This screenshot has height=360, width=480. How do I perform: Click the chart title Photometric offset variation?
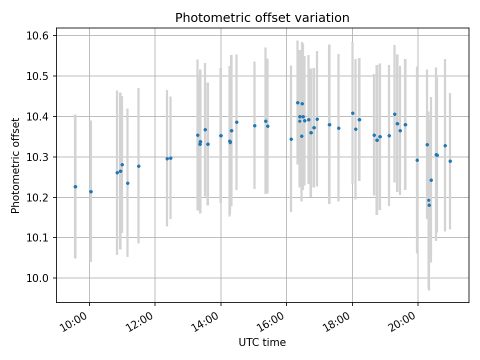click(x=262, y=18)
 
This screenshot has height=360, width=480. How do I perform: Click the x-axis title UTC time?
click(x=262, y=342)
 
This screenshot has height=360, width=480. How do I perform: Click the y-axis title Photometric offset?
click(x=15, y=165)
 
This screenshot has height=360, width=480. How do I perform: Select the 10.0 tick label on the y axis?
click(x=38, y=278)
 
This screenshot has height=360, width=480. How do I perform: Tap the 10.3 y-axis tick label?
click(x=38, y=157)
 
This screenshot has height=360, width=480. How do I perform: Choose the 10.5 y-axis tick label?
click(x=38, y=76)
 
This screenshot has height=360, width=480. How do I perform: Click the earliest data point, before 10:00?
click(x=75, y=186)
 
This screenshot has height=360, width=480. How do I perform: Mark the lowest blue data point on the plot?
click(x=429, y=205)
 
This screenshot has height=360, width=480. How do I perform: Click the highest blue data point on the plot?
click(x=297, y=102)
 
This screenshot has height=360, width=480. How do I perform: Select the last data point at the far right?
click(x=450, y=161)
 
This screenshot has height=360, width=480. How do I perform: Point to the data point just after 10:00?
click(x=91, y=191)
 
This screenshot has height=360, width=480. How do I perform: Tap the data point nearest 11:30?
click(x=138, y=166)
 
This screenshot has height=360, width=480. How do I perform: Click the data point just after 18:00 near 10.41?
click(x=352, y=113)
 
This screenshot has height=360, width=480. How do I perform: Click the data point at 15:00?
click(x=254, y=125)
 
